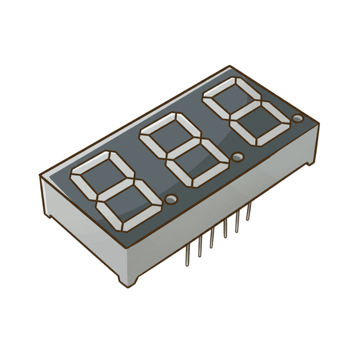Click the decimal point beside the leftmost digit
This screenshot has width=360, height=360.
click(172, 198)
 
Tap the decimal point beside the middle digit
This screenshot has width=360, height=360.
click(237, 156)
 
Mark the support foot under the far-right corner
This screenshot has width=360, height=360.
click(311, 162)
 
